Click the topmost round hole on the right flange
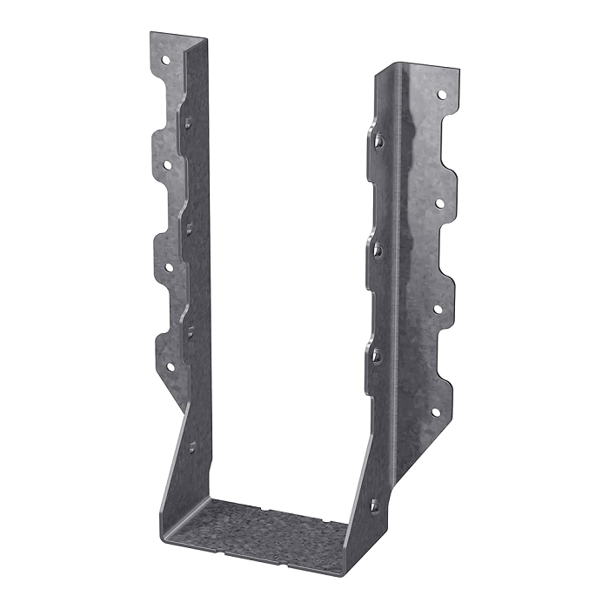(x=441, y=94)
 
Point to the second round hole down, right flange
(x=439, y=203)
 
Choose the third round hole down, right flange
(x=438, y=308)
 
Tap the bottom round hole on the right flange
(x=436, y=412)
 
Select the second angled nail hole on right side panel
(x=378, y=250)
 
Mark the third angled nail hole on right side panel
(x=377, y=355)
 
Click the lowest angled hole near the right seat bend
(x=375, y=504)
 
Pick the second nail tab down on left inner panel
(x=189, y=227)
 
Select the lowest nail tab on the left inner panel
(x=191, y=447)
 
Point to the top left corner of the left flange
(x=150, y=33)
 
